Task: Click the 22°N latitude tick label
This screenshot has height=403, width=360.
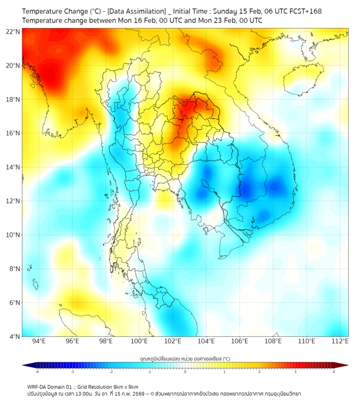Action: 13,31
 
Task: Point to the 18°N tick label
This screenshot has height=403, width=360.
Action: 13,99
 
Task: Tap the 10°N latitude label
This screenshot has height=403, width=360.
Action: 13,235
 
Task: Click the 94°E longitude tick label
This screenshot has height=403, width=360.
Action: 39,342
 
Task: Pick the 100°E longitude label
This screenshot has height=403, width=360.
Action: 139,342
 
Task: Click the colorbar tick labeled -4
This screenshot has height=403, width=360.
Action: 37,372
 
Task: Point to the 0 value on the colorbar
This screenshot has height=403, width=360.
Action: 185,372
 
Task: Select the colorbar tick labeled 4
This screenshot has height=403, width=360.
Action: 333,372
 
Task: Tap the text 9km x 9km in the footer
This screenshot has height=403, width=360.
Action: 127,386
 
